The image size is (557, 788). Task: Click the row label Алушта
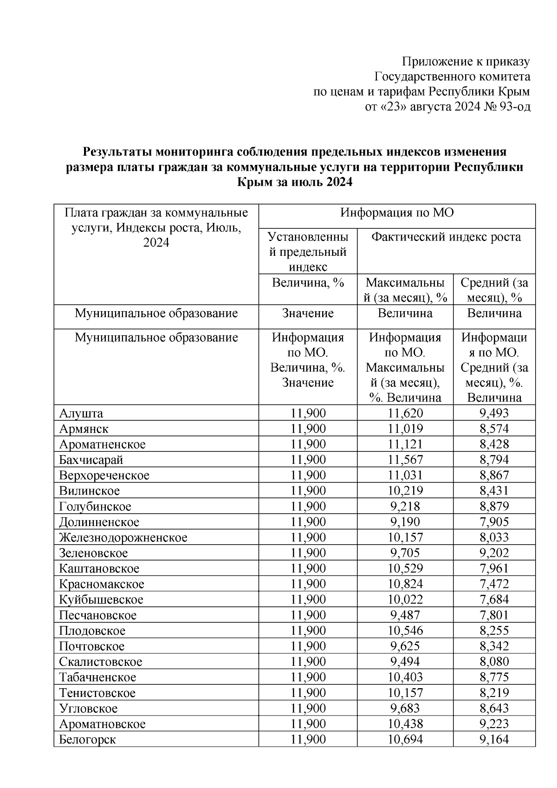click(81, 413)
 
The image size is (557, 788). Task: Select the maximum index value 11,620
click(405, 413)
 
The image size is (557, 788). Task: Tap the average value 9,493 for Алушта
click(494, 413)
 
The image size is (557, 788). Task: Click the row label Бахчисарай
click(91, 460)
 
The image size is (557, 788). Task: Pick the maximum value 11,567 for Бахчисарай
click(405, 460)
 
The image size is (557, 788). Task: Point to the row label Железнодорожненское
click(123, 538)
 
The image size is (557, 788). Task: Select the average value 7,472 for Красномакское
click(494, 584)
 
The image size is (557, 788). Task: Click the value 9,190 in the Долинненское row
click(405, 522)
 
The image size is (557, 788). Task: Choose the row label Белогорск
click(87, 740)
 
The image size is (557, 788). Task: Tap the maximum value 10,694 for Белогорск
click(405, 740)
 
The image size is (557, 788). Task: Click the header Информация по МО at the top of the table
click(397, 213)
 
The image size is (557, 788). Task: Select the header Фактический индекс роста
click(446, 237)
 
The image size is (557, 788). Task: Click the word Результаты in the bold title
click(118, 152)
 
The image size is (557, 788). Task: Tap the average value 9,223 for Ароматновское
click(494, 724)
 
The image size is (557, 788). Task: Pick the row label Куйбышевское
click(101, 599)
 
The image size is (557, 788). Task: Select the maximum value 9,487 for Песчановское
click(405, 615)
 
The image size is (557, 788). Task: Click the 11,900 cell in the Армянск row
click(308, 429)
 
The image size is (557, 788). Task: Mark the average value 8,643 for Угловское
click(494, 709)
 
